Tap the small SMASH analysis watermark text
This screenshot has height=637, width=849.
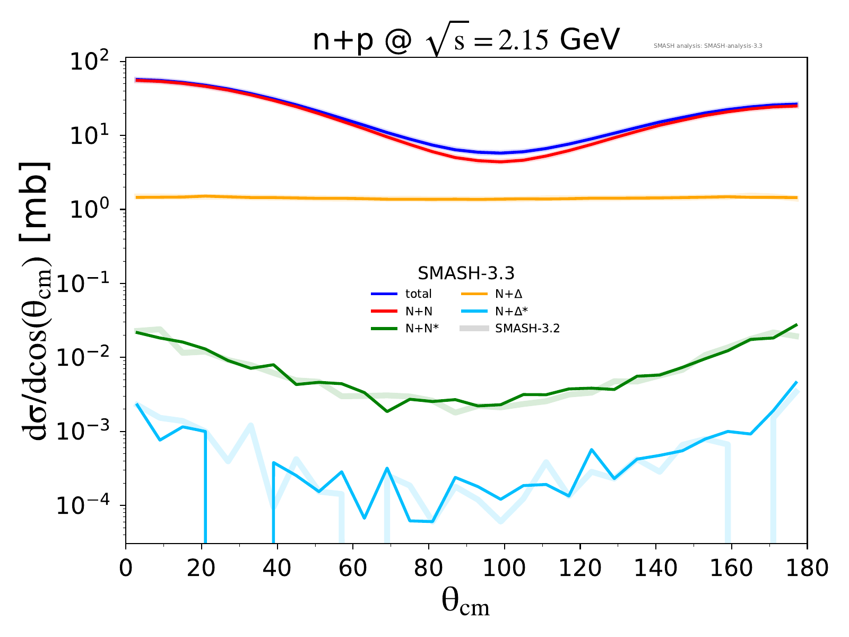click(x=708, y=46)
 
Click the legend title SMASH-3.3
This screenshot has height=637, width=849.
click(x=466, y=273)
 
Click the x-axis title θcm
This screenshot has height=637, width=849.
click(x=465, y=603)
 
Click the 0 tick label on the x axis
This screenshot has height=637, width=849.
click(x=126, y=569)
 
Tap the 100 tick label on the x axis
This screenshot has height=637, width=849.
click(x=504, y=569)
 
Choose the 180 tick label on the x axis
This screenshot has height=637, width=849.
click(x=807, y=569)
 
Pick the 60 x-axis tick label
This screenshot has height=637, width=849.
click(x=353, y=569)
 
